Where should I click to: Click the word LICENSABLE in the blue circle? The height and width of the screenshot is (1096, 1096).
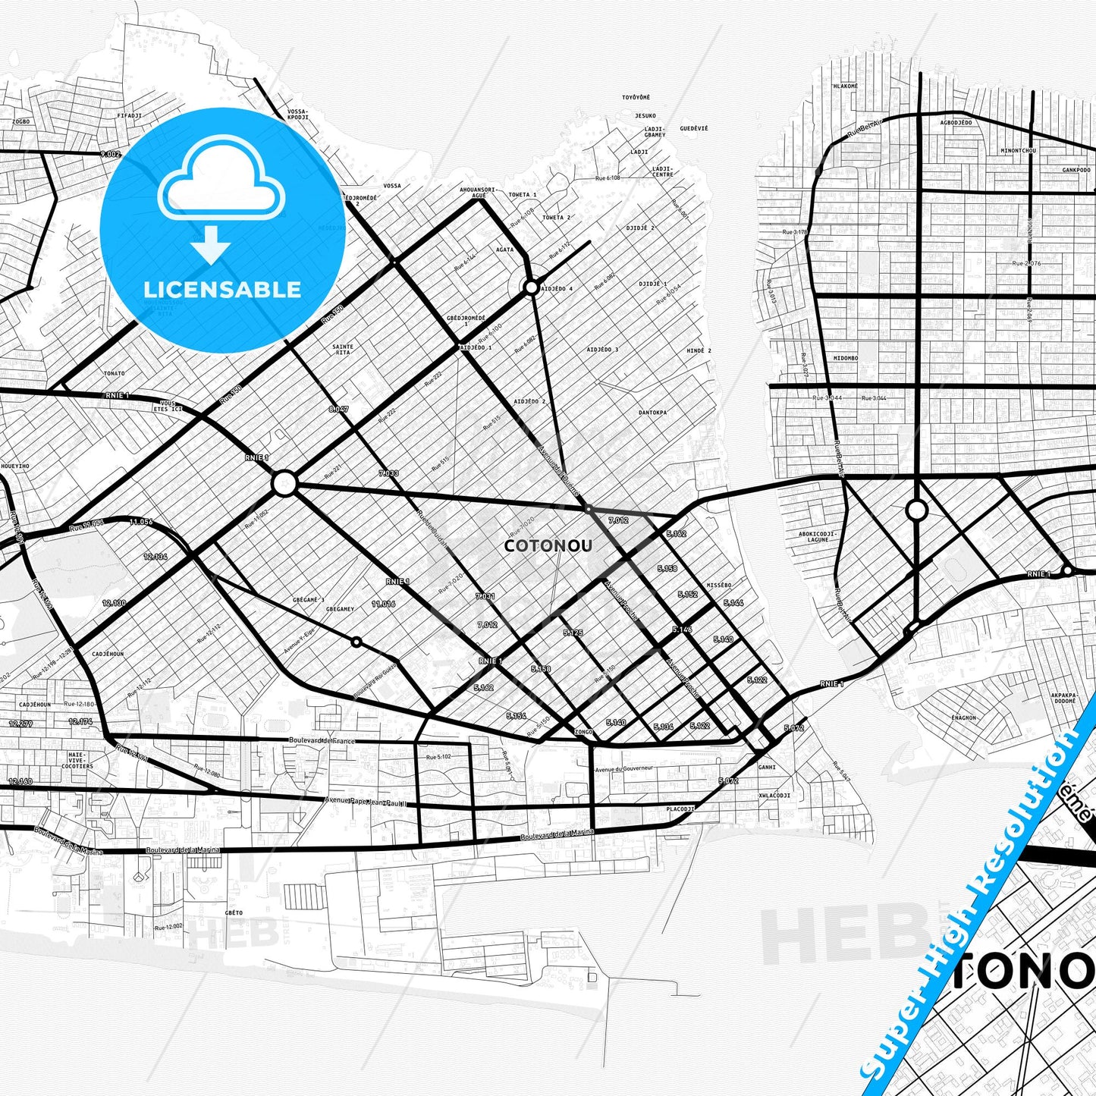coord(222,289)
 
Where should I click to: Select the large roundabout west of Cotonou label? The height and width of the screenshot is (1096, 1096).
coord(284,483)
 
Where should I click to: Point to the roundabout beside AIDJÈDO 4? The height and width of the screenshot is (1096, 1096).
coord(531,287)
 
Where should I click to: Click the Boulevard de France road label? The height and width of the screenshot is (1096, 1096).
coord(322,740)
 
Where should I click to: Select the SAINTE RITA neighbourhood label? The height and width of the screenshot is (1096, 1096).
coord(343,350)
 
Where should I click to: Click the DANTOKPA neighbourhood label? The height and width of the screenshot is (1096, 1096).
coord(652,413)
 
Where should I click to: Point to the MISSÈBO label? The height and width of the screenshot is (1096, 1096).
coord(718,586)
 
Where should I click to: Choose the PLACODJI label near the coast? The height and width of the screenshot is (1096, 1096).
coord(680,809)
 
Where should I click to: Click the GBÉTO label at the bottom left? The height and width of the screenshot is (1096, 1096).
coord(234,912)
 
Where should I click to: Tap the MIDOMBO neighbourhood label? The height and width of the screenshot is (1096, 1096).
coord(845,357)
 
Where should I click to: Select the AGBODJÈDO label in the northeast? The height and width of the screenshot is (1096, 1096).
coord(956,122)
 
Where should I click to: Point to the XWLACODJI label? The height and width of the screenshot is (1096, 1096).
coord(774,796)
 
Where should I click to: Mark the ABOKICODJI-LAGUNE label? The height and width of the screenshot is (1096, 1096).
coord(817,536)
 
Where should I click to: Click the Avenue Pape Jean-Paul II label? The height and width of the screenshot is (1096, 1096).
coord(366,802)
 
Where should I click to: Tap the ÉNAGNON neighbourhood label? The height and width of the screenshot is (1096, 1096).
coord(963,718)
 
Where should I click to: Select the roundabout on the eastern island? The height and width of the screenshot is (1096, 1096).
coord(916,510)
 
